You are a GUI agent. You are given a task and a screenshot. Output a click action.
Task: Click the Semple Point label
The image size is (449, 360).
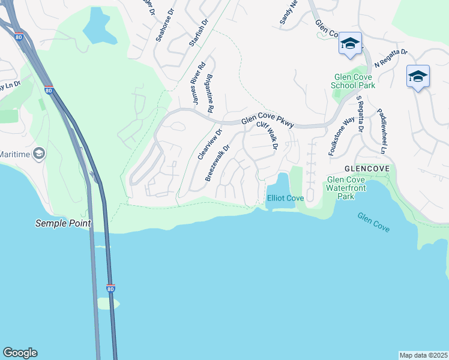63,223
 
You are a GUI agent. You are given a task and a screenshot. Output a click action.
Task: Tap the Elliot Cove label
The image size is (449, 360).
285,198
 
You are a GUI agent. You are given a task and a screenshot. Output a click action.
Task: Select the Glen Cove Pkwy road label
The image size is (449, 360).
268,121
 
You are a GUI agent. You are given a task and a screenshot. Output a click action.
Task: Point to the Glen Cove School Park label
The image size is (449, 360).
353,81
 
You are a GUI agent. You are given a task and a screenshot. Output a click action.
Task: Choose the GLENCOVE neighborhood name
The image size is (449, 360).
366,169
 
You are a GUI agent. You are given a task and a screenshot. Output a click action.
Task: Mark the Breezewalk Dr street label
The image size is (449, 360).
218,163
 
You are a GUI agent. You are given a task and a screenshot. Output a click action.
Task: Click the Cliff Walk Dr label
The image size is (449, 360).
268,136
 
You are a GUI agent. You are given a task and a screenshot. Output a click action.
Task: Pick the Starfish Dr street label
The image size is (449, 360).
198,32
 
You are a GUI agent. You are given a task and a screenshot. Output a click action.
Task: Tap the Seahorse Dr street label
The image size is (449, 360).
164,25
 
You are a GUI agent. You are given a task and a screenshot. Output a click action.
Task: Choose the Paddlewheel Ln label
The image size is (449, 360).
381,130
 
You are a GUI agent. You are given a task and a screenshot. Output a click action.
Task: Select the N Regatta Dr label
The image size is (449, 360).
391,58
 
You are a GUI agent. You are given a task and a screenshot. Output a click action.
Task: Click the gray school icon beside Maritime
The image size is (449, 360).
39,154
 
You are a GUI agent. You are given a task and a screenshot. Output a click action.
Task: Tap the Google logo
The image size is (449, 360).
20,353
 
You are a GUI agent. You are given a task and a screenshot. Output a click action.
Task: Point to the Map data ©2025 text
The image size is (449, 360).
424,355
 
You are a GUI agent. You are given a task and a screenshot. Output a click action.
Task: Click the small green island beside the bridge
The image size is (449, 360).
108,304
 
